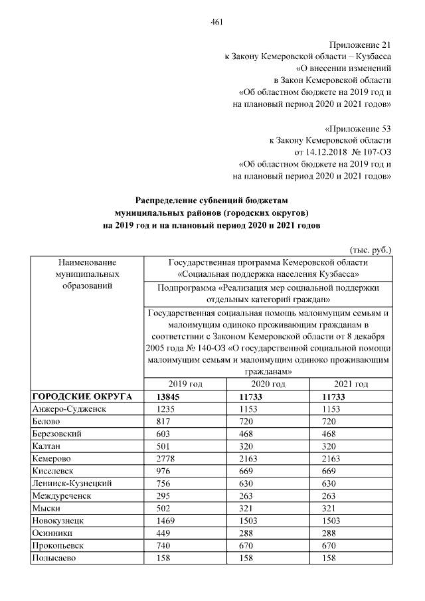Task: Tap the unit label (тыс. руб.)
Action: click(x=370, y=250)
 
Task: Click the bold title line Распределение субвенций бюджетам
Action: click(x=212, y=200)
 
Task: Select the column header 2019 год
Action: click(x=185, y=384)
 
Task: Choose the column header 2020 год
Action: click(x=268, y=384)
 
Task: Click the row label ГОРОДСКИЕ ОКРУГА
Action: click(x=73, y=396)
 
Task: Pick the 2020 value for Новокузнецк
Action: click(x=252, y=521)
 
